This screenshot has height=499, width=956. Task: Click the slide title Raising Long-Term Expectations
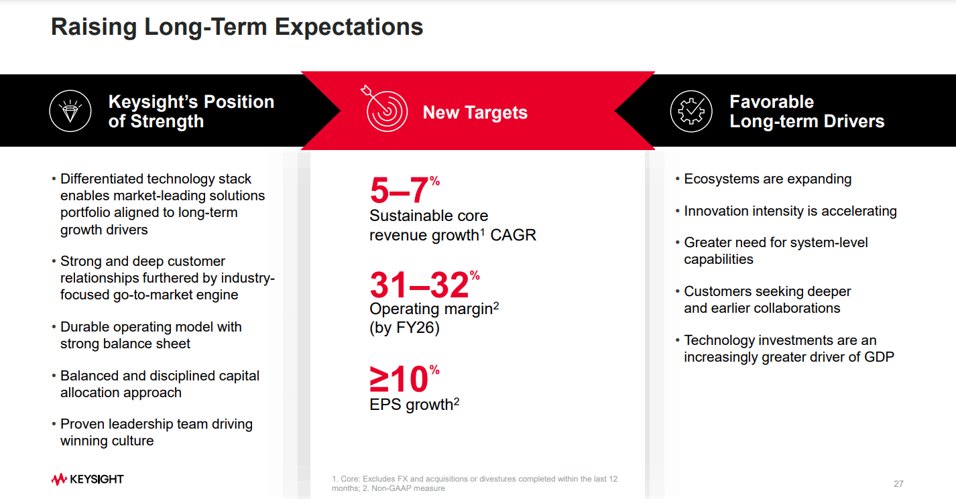[237, 27]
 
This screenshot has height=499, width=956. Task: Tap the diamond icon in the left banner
[70, 111]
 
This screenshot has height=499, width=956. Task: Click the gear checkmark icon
[691, 111]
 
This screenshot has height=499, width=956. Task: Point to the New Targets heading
[475, 113]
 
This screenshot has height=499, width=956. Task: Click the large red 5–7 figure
[400, 191]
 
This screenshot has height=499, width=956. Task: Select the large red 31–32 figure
[420, 285]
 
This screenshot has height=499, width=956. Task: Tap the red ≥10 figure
[400, 380]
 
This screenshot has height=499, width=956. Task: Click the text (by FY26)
[404, 329]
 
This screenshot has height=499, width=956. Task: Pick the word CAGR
[514, 235]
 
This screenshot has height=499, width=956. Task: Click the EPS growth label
[411, 405]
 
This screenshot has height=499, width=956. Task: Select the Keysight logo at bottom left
[87, 479]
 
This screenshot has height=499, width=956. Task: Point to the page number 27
[898, 484]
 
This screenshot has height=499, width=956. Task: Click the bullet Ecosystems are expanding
[767, 179]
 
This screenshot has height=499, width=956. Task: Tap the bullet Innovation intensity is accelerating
[790, 211]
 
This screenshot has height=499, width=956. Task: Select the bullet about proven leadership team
[156, 432]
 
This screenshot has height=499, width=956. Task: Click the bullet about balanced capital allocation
[160, 384]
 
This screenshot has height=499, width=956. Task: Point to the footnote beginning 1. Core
[474, 483]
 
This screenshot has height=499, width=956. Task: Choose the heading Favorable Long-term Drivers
[806, 111]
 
